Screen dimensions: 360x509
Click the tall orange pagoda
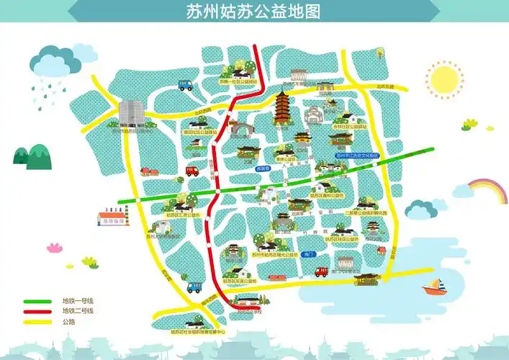click(281, 109)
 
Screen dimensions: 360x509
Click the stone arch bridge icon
click(243, 130)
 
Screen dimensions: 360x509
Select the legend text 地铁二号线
click(77, 310)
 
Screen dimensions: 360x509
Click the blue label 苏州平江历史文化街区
click(356, 155)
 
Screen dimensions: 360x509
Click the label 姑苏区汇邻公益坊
click(181, 214)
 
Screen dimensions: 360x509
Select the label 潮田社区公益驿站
click(199, 132)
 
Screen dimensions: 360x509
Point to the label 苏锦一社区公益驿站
click(238, 81)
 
